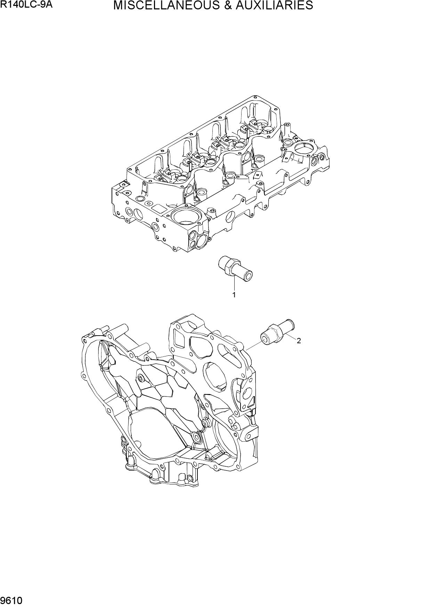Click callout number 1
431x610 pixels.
234,295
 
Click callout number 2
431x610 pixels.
299,341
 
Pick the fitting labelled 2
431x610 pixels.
278,331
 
